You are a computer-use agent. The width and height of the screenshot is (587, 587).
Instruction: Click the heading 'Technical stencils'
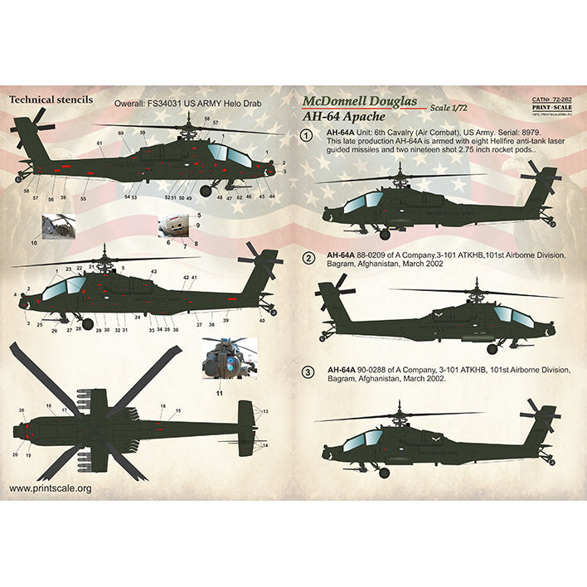[50, 99]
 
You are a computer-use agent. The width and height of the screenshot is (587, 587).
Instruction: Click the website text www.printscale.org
[50, 488]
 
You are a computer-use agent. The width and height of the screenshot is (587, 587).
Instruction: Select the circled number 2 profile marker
[308, 258]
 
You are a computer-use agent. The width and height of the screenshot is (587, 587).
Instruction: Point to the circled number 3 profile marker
[308, 372]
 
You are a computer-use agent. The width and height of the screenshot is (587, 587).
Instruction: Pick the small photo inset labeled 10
[59, 226]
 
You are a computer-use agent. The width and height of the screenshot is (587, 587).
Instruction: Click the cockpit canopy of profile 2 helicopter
[512, 314]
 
